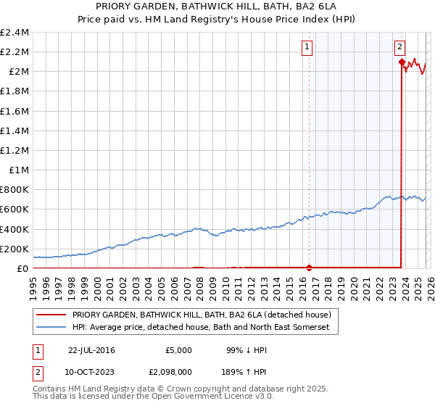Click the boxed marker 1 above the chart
coord(307,47)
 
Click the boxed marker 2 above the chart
coord(399,47)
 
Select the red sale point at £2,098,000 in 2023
coord(402,62)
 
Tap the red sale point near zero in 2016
coord(310,268)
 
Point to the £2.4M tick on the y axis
coord(14,33)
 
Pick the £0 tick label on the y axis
coord(22,268)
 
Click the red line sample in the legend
coord(51,315)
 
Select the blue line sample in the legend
coord(51,328)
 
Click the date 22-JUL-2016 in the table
coord(91,350)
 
